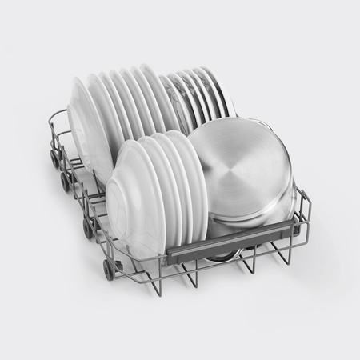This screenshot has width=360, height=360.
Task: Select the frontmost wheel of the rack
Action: click(x=109, y=270)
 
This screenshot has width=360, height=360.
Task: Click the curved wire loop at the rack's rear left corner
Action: click(x=54, y=120)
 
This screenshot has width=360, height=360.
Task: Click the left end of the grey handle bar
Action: click(x=172, y=258)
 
